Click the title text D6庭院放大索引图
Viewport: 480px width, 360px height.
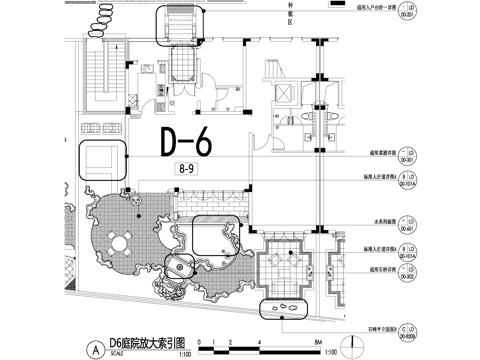[141, 343]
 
